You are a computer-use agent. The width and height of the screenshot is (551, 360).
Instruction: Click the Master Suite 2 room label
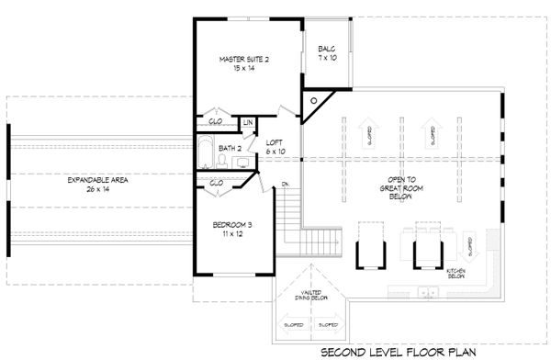tap(244, 63)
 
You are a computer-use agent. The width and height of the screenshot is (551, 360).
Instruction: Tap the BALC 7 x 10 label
tap(326, 53)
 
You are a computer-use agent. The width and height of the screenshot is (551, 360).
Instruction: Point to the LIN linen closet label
tap(248, 122)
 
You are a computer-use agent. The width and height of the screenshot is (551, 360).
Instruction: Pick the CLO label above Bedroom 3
tap(218, 182)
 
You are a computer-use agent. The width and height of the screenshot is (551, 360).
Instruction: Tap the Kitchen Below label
tap(456, 275)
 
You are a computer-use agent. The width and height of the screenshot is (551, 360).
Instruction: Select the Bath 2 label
tap(230, 148)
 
